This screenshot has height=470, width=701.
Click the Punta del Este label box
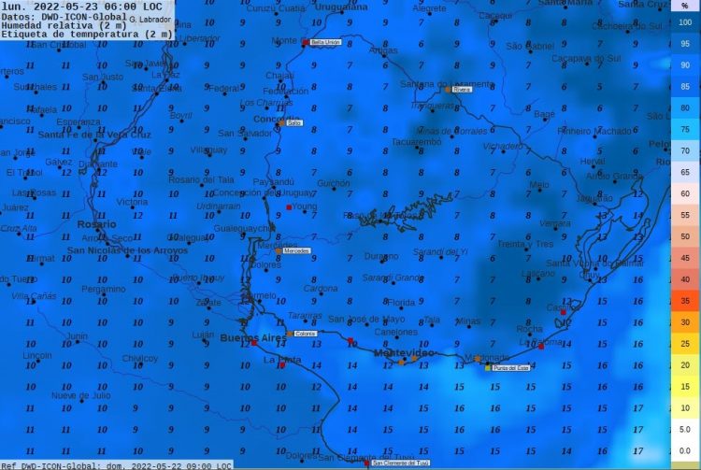click(507, 368)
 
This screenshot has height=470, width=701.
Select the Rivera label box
click(462, 90)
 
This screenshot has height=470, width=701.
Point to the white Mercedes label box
click(295, 251)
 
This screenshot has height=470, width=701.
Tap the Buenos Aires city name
click(251, 337)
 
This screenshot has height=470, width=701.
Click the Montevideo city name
click(405, 353)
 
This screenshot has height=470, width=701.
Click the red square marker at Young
click(290, 207)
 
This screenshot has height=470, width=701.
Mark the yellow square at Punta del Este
click(488, 367)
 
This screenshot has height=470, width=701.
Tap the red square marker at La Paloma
click(540, 346)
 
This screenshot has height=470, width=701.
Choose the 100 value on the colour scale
click(685, 22)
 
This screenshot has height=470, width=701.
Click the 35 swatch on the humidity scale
click(685, 301)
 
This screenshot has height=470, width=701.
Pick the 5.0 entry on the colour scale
click(685, 429)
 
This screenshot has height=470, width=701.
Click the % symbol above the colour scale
click(685, 7)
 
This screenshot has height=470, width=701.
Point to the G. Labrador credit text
click(148, 19)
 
